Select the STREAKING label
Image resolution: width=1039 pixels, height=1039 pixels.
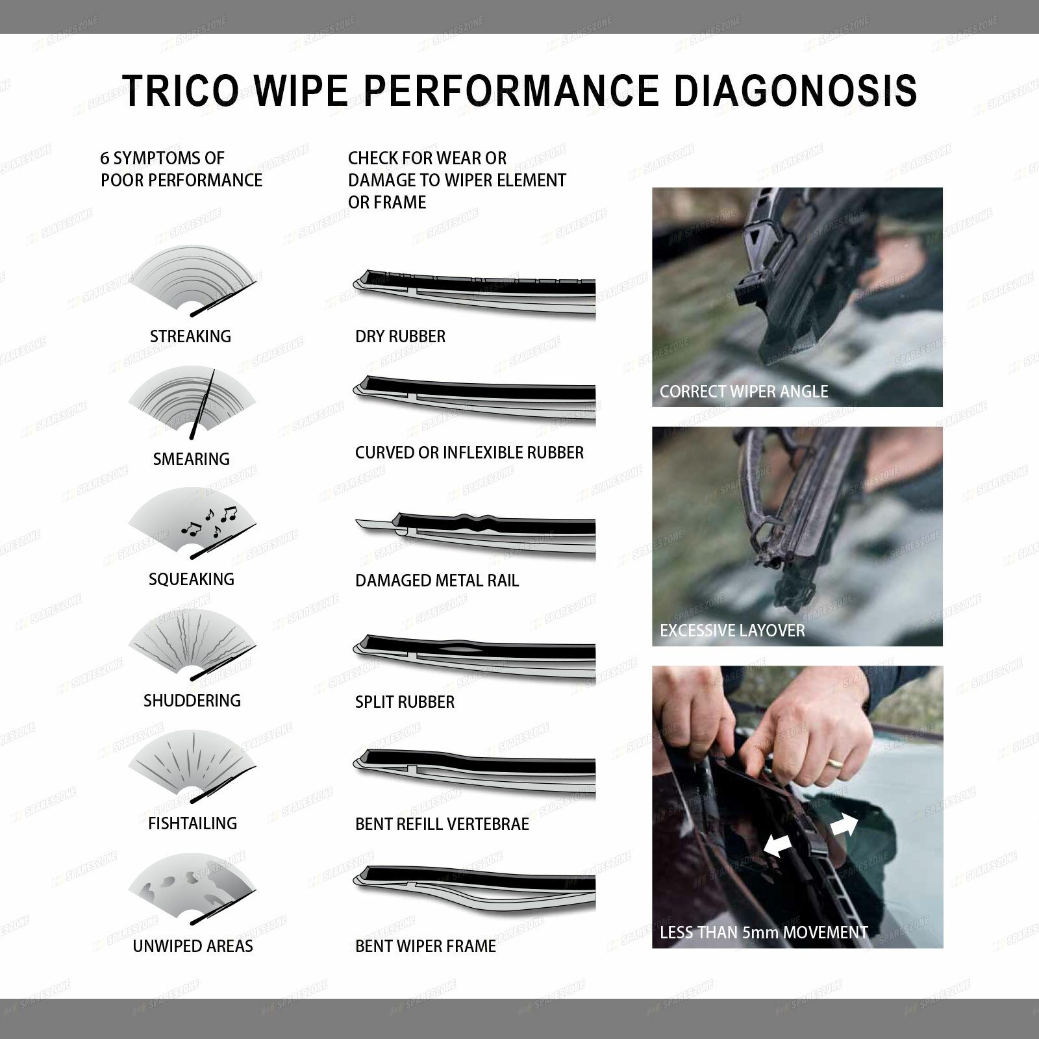click(x=190, y=336)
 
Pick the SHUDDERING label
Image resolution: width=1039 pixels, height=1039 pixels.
click(x=192, y=701)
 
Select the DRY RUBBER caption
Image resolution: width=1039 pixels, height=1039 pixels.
click(x=400, y=336)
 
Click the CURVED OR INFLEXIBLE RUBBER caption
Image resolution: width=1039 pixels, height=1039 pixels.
click(x=469, y=453)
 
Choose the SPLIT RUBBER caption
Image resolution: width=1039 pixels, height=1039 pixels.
click(x=405, y=702)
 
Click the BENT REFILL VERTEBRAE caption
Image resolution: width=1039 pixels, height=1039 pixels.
click(x=442, y=824)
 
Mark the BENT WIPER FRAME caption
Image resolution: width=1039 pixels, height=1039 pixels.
click(x=425, y=946)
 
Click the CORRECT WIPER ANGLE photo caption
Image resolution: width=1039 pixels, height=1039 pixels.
click(x=744, y=392)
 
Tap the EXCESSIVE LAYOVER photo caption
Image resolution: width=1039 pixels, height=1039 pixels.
click(x=732, y=631)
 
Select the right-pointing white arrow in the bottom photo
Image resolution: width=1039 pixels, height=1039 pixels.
click(x=844, y=825)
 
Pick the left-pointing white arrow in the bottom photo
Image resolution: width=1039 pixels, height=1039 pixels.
click(x=777, y=845)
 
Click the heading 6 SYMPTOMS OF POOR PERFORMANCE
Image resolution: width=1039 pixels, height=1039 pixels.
click(x=181, y=169)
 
